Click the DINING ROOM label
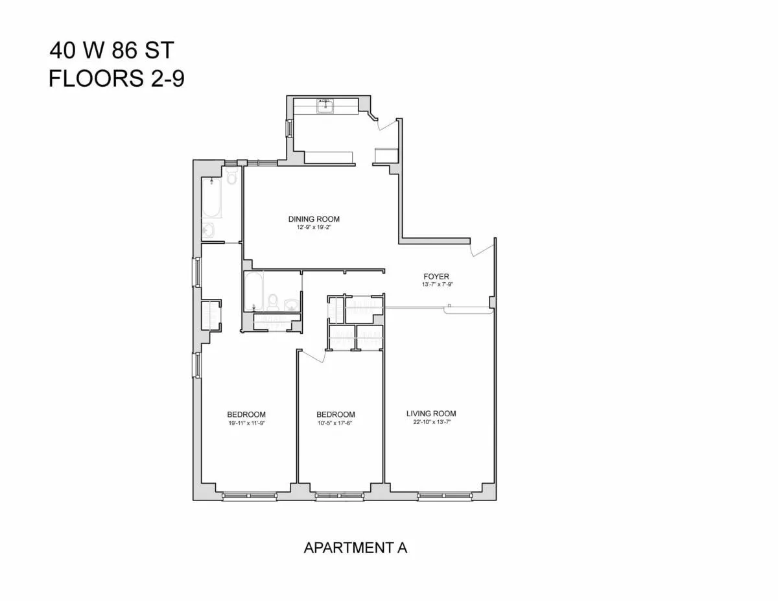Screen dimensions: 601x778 314,219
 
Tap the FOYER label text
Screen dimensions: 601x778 436,276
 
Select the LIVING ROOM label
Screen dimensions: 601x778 431,414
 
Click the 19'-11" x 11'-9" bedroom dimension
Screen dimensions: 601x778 246,423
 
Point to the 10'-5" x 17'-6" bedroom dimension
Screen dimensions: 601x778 335,423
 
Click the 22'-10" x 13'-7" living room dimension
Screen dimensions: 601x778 431,423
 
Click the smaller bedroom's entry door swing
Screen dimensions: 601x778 312,357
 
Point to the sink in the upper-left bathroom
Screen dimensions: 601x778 209,231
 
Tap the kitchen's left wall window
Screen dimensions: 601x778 289,128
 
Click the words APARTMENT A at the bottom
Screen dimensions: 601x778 355,548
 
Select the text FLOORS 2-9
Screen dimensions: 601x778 117,79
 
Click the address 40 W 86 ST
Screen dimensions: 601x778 112,51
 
